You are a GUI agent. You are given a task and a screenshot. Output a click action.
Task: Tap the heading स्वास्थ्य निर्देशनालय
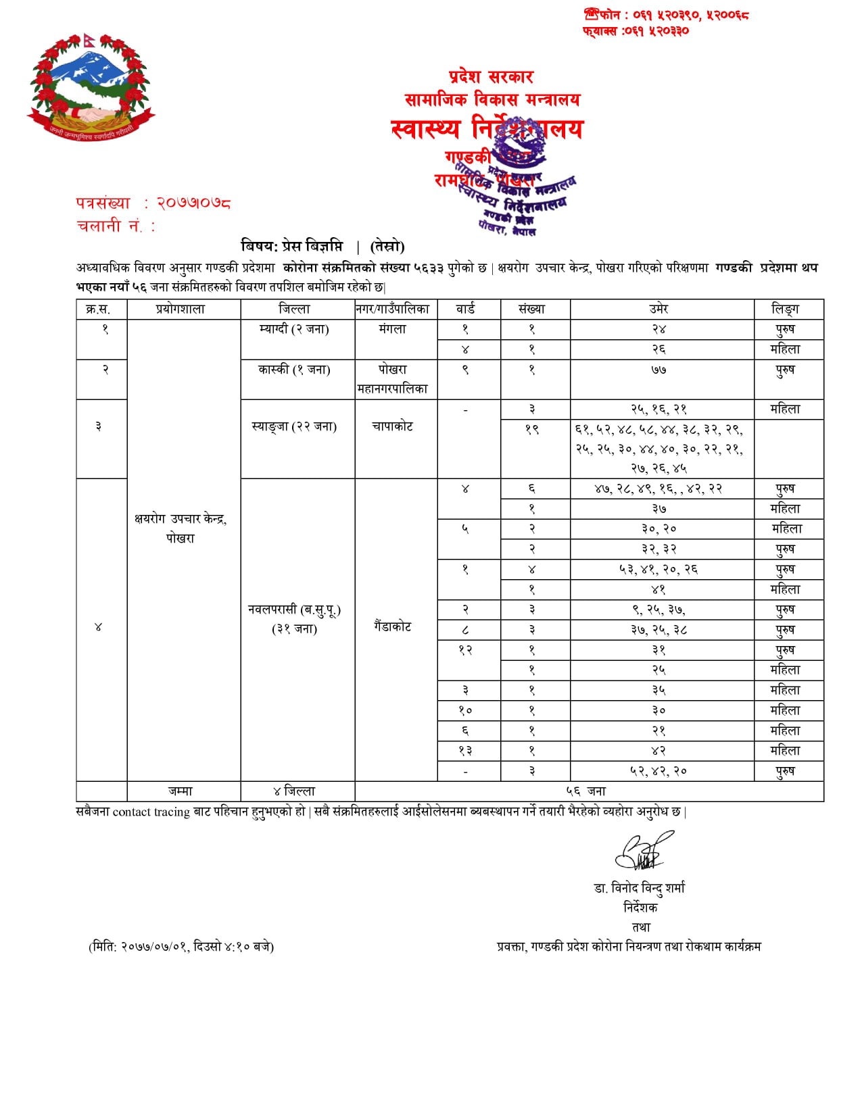pyautogui.click(x=487, y=128)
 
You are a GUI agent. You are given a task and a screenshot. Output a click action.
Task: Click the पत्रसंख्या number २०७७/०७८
pyautogui.click(x=194, y=203)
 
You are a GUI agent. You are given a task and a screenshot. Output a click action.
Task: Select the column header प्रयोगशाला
pyautogui.click(x=181, y=309)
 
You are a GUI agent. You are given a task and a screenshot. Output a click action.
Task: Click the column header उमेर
pyautogui.click(x=659, y=309)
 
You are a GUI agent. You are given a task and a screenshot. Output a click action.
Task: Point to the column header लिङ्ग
pyautogui.click(x=785, y=309)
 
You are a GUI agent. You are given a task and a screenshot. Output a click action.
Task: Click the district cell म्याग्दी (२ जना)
pyautogui.click(x=295, y=329)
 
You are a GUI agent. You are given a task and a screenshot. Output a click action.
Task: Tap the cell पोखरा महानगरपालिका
pyautogui.click(x=393, y=379)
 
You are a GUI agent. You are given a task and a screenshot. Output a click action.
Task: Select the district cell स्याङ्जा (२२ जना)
pyautogui.click(x=295, y=426)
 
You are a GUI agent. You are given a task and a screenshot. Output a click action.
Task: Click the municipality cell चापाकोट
pyautogui.click(x=393, y=426)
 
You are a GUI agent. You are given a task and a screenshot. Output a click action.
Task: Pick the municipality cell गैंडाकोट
pyautogui.click(x=393, y=626)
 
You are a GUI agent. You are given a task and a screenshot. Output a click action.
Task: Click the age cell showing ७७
pyautogui.click(x=659, y=370)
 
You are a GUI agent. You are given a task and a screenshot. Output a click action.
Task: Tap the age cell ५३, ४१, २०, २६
pyautogui.click(x=659, y=569)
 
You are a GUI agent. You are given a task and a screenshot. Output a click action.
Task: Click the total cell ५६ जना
pyautogui.click(x=586, y=791)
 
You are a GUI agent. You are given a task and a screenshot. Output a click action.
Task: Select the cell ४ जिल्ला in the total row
pyautogui.click(x=295, y=791)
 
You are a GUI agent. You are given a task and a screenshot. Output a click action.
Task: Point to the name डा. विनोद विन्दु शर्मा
pyautogui.click(x=640, y=887)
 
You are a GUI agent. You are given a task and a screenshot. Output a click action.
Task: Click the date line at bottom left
pyautogui.click(x=181, y=946)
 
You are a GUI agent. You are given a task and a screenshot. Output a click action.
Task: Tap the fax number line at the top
pyautogui.click(x=636, y=30)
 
